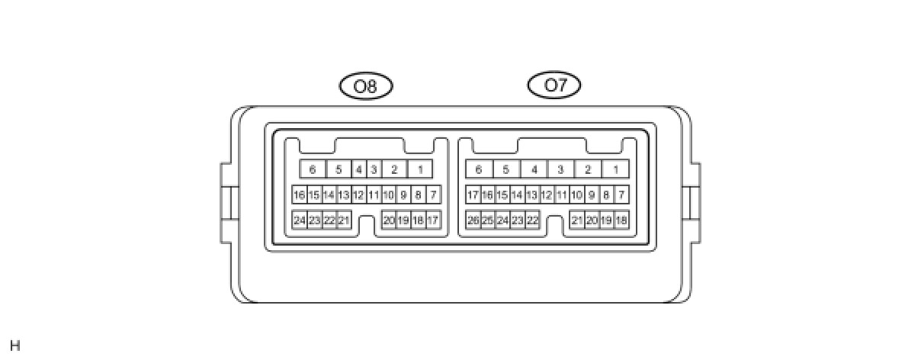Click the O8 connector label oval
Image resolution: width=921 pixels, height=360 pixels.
point(366,86)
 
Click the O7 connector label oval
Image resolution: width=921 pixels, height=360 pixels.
point(554,85)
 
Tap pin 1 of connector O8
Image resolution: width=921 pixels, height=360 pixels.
point(419,169)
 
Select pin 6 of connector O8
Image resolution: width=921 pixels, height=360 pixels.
point(312,169)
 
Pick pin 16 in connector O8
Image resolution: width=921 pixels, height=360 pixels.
point(299,195)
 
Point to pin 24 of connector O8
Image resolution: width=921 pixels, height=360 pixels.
point(300,220)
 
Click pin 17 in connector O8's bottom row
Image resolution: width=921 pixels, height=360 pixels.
point(433,220)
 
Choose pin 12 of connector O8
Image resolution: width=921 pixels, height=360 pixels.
point(358,195)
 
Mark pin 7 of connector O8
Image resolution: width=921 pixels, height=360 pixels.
point(433,195)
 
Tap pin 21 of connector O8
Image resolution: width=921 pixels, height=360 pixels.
point(344,220)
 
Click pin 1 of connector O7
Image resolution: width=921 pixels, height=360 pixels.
point(615,169)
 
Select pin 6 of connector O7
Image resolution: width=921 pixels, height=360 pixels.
point(478,169)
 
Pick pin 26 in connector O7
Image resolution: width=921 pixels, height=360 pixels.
point(473,220)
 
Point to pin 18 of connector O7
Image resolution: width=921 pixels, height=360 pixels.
point(621,220)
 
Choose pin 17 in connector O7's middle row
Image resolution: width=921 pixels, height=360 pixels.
point(473,195)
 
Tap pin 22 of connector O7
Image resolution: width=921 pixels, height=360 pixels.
point(532,220)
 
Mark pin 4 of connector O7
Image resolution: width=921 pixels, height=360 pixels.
point(534,169)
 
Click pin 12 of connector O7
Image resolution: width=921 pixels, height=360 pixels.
point(547,195)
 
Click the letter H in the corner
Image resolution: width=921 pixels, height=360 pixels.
point(15,346)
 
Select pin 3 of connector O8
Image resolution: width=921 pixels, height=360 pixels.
point(374,169)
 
